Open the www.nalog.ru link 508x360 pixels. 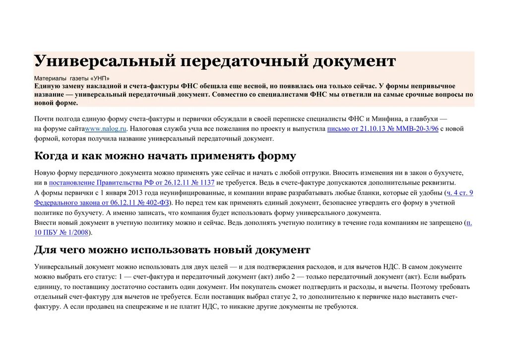pyautogui.click(x=107, y=129)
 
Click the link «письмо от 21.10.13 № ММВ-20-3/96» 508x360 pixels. pyautogui.click(x=382, y=129)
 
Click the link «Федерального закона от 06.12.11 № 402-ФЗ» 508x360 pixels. pyautogui.click(x=102, y=203)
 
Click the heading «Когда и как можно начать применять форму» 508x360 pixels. pyautogui.click(x=165, y=156)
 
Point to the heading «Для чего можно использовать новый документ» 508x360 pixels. pyautogui.click(x=172, y=249)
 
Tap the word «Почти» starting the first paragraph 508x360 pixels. pyautogui.click(x=44, y=119)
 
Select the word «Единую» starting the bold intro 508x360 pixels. pyautogui.click(x=47, y=86)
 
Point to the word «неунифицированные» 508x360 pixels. pyautogui.click(x=189, y=193)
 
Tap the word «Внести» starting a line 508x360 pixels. pyautogui.click(x=45, y=222)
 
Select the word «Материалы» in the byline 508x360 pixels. pyautogui.click(x=50, y=78)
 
